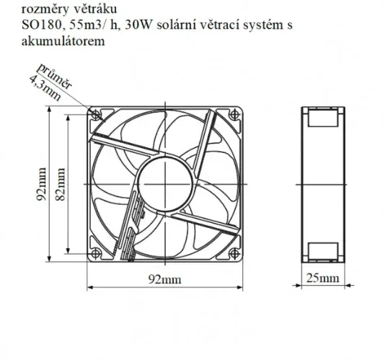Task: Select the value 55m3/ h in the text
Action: (x=76, y=25)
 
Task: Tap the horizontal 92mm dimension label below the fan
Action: (x=164, y=278)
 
